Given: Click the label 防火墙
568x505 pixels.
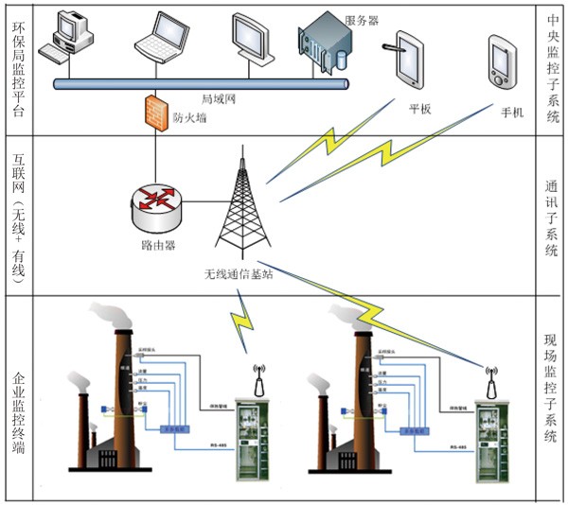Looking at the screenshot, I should [x=191, y=118].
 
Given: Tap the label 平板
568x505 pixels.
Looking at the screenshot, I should [x=419, y=108].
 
